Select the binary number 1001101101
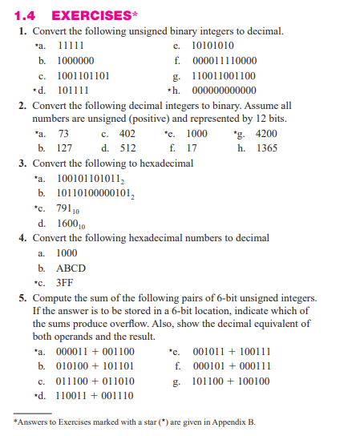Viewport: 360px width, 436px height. (84, 76)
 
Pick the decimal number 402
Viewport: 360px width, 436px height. (127, 134)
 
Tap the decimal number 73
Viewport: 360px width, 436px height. (64, 134)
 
